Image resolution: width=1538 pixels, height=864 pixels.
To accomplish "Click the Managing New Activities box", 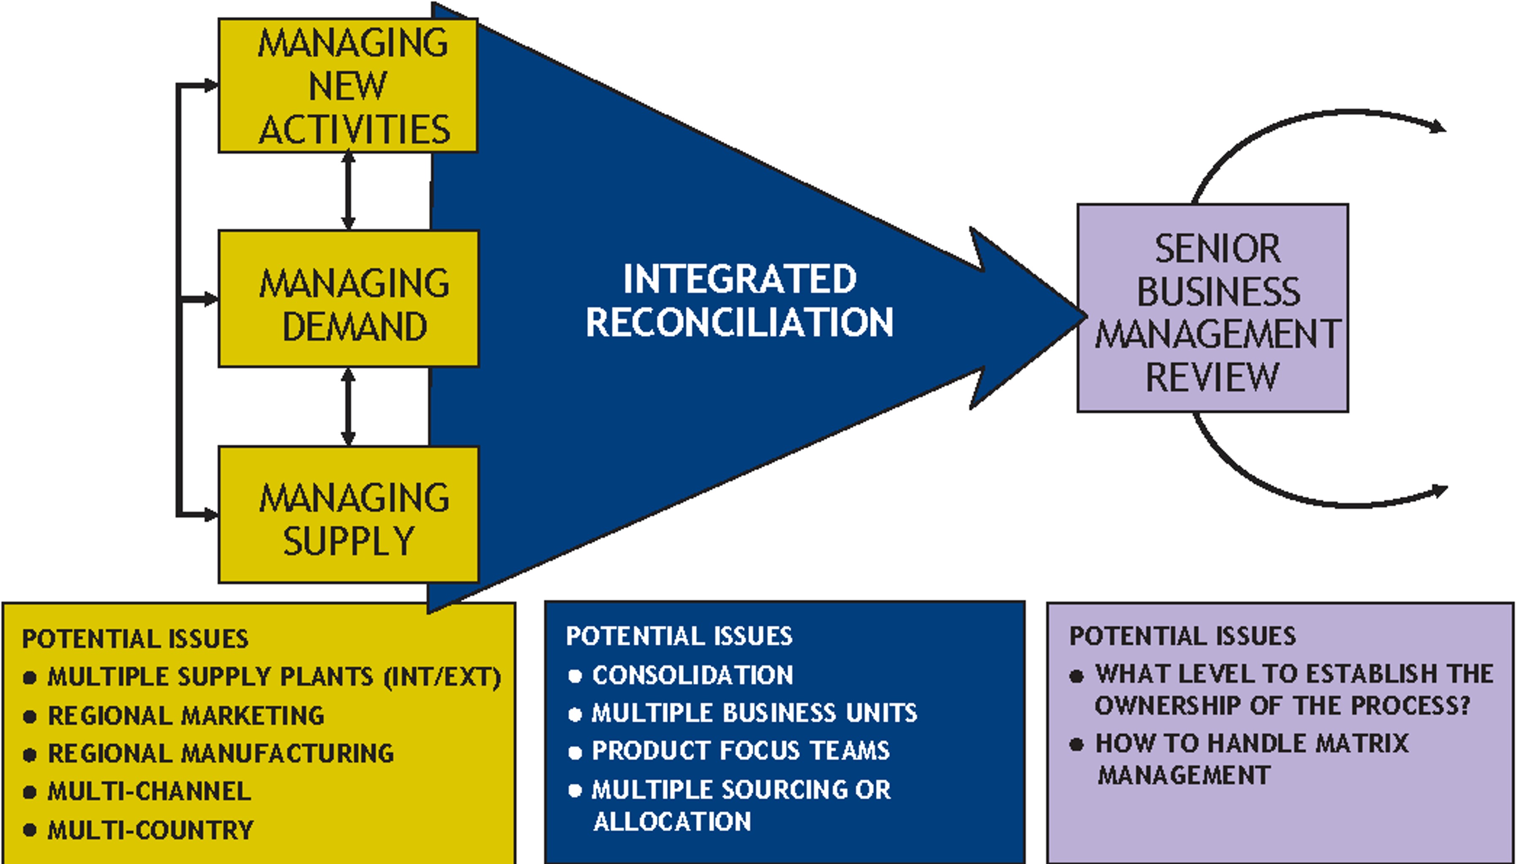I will click(348, 85).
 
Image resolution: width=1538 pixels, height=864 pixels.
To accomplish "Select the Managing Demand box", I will click(348, 299).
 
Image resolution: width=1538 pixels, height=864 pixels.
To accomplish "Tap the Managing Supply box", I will click(348, 514).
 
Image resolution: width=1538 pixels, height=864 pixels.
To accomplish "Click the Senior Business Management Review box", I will click(1212, 308).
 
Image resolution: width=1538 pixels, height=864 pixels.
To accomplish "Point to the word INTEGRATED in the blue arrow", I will click(739, 279).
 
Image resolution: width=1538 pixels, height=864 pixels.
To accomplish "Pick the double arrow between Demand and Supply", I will click(348, 407).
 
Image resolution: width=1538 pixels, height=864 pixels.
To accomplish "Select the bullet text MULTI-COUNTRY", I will click(150, 830).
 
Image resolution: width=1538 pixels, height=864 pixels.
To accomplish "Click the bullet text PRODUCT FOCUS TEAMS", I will click(740, 751).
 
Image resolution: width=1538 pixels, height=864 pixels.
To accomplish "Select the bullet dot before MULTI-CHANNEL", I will click(29, 792).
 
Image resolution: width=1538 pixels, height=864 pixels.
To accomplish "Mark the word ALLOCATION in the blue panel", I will click(672, 822).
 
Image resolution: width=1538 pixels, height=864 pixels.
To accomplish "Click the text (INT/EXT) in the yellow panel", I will click(442, 677).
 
